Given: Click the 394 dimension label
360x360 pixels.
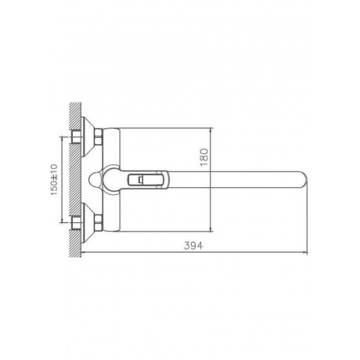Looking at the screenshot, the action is [193, 246].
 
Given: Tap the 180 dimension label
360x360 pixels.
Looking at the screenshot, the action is [204, 157].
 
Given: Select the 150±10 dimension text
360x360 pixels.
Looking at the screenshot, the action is [53, 180].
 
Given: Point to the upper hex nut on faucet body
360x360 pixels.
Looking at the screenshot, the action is [99, 137].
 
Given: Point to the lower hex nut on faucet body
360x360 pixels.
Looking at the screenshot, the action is [99, 223].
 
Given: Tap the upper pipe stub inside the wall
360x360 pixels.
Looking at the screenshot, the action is [76, 137].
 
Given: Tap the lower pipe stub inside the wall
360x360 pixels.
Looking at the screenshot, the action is [76, 224].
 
